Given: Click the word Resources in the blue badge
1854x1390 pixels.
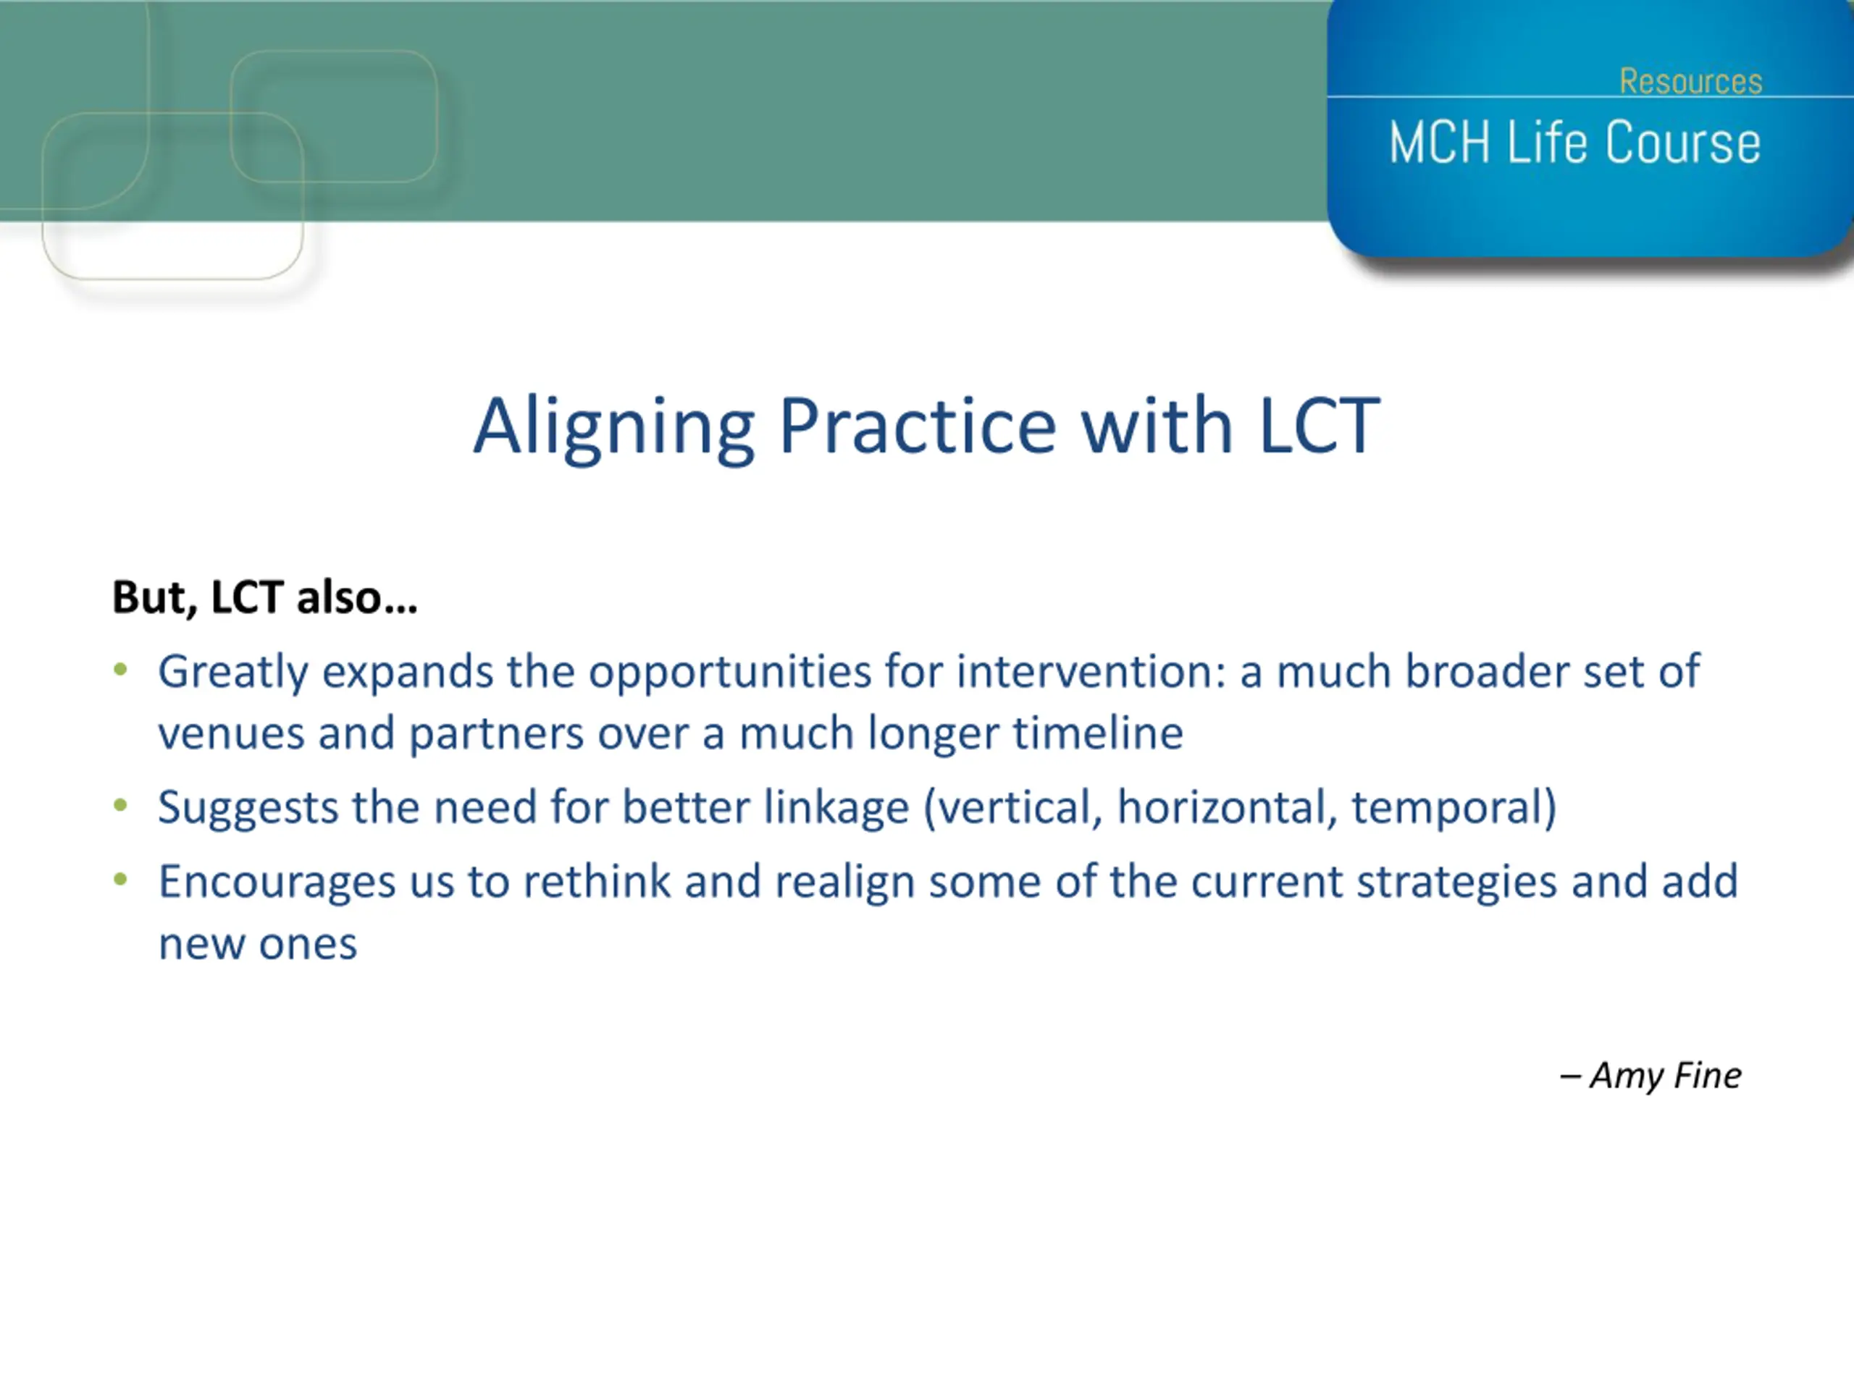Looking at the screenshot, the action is coord(1690,81).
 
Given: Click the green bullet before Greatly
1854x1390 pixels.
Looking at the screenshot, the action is coord(121,670).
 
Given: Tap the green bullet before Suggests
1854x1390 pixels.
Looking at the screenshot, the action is coord(121,805).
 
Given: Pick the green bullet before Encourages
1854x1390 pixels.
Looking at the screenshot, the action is coord(121,879).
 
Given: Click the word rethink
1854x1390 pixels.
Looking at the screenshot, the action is coord(597,882).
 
